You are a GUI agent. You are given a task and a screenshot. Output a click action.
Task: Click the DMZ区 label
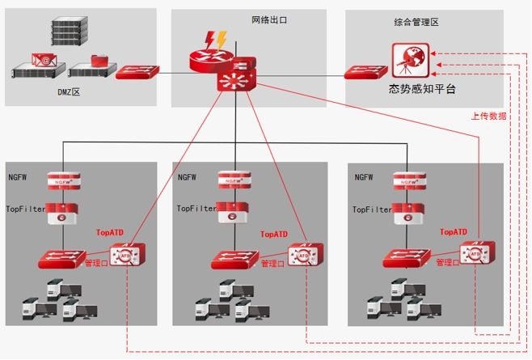69,93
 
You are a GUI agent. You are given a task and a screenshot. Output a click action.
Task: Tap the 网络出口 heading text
269,18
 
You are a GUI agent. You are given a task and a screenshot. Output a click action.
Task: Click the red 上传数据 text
489,116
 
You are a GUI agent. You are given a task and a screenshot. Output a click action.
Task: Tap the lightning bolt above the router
216,40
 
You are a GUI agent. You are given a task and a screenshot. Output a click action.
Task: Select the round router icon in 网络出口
209,59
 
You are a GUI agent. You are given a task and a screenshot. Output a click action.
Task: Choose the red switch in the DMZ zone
136,73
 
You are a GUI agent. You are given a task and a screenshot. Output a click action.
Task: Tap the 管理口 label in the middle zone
272,264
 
